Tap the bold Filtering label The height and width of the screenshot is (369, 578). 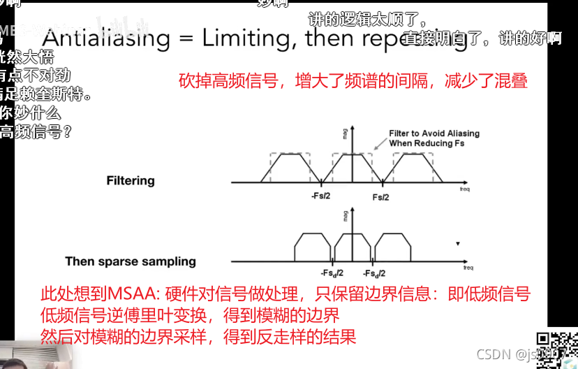[x=131, y=180]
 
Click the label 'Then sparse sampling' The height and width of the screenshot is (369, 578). [x=131, y=261]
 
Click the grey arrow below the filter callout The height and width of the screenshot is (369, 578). [x=377, y=147]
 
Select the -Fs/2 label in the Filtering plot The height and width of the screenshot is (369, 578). [x=320, y=197]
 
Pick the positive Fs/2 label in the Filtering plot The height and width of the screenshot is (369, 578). [x=380, y=197]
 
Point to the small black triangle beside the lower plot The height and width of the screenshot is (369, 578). [x=457, y=244]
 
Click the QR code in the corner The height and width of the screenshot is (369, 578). [x=558, y=349]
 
